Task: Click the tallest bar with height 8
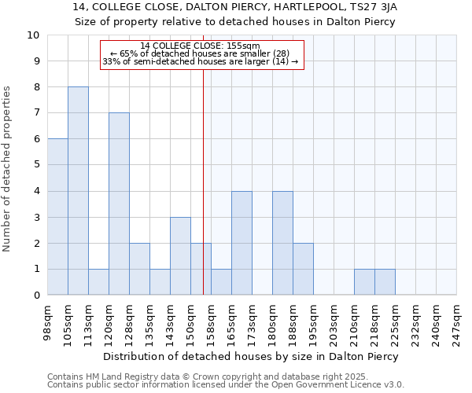pyautogui.click(x=78, y=191)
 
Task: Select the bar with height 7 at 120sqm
pyautogui.click(x=119, y=204)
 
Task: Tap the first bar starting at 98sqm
pyautogui.click(x=57, y=217)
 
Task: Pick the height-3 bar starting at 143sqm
pyautogui.click(x=180, y=255)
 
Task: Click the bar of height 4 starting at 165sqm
pyautogui.click(x=242, y=243)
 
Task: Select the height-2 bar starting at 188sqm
pyautogui.click(x=303, y=269)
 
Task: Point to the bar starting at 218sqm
pyautogui.click(x=385, y=281)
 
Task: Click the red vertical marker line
pyautogui.click(x=204, y=181)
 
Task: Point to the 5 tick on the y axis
pyautogui.click(x=36, y=165)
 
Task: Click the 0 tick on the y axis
pyautogui.click(x=36, y=295)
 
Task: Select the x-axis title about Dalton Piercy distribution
pyautogui.click(x=252, y=356)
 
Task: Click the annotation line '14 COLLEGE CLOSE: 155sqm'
pyautogui.click(x=201, y=46)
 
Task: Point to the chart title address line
pyautogui.click(x=235, y=7)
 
